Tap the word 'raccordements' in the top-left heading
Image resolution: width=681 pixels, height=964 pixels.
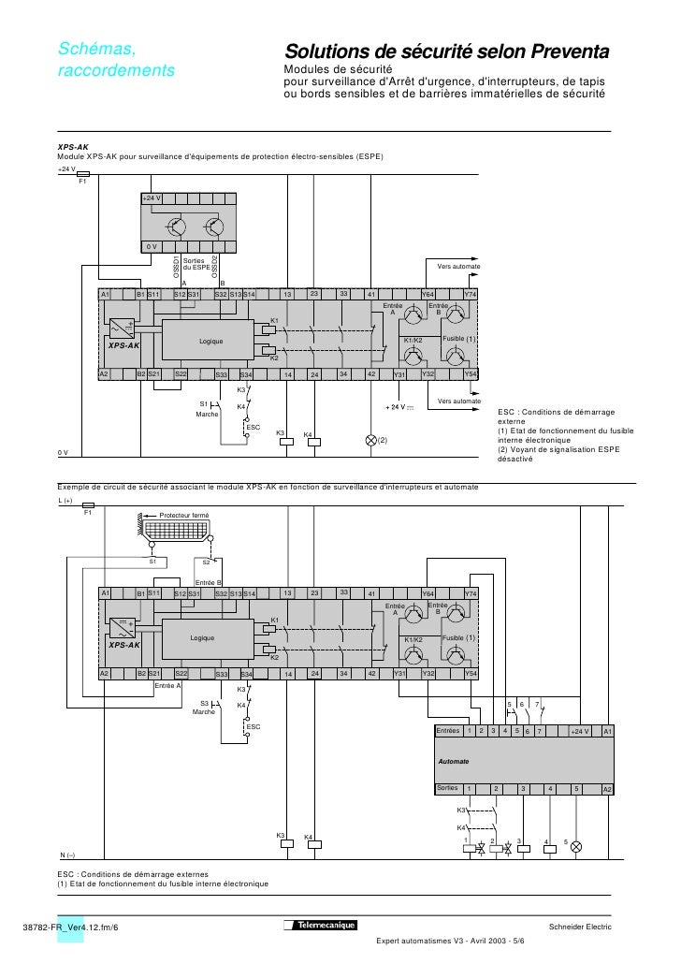[x=116, y=70]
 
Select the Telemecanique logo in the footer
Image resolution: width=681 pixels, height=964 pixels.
[x=317, y=926]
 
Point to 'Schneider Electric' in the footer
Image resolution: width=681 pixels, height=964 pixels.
[x=579, y=927]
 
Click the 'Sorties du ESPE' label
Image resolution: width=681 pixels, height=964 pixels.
[x=196, y=264]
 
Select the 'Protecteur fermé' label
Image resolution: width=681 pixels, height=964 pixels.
[x=184, y=516]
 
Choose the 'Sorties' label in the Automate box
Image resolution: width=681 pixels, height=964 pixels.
[x=449, y=789]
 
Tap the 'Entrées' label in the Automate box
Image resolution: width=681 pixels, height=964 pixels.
[x=449, y=730]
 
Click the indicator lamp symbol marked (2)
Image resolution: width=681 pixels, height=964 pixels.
[x=370, y=440]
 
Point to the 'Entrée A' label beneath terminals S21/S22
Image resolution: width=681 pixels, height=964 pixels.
[x=167, y=685]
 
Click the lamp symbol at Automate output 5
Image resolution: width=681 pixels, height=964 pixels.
[x=576, y=846]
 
